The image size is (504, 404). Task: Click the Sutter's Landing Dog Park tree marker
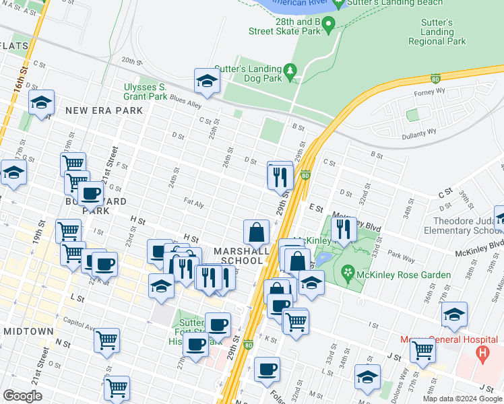click(x=290, y=70)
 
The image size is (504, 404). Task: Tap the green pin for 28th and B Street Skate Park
click(x=329, y=26)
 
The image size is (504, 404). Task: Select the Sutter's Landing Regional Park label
click(x=437, y=32)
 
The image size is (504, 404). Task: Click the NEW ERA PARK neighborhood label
click(x=104, y=110)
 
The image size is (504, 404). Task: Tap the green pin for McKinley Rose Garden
click(x=348, y=273)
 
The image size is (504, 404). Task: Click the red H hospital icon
click(x=482, y=352)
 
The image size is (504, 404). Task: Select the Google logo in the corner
click(x=23, y=395)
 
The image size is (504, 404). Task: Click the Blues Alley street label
click(x=186, y=104)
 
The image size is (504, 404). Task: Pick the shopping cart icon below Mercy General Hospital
click(x=422, y=349)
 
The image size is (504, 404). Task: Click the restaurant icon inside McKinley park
click(x=345, y=229)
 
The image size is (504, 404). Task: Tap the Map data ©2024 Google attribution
click(x=462, y=398)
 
